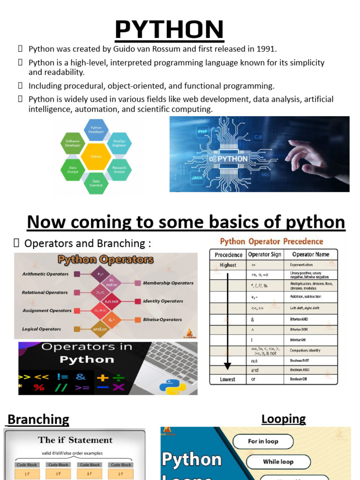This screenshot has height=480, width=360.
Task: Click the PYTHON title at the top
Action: [170, 30]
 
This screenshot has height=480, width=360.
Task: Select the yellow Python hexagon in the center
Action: [96, 157]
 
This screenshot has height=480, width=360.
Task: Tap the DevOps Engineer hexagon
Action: [119, 143]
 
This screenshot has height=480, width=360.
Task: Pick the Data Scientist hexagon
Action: [96, 183]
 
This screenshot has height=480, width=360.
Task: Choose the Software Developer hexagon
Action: [73, 143]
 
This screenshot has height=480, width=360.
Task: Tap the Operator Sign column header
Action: [264, 255]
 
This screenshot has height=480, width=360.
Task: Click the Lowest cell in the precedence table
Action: [228, 379]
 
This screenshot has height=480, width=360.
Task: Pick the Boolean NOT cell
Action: [300, 361]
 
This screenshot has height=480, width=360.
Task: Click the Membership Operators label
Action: [168, 283]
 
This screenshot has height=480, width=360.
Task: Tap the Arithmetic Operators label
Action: [45, 274]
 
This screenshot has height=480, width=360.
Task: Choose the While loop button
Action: [278, 462]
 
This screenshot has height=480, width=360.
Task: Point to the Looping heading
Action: [284, 419]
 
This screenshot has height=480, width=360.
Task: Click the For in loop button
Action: [263, 441]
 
